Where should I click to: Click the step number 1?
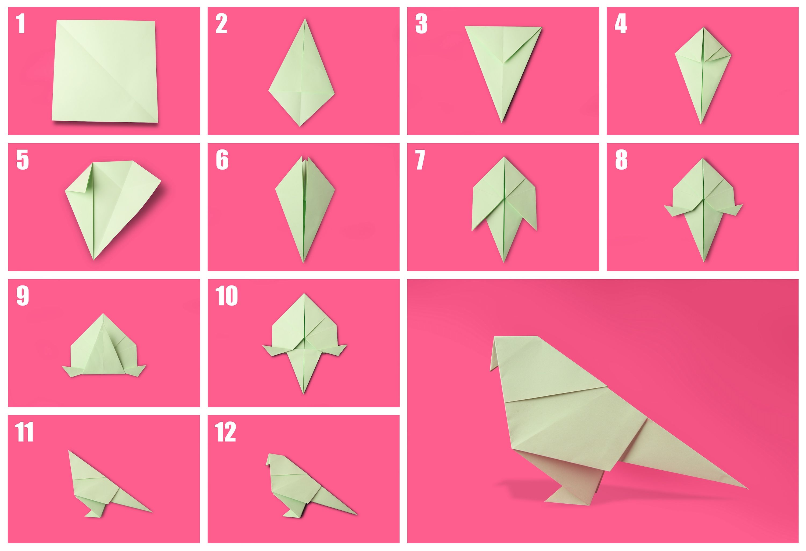[21, 24]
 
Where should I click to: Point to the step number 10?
[226, 296]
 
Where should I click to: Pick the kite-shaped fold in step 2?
[302, 73]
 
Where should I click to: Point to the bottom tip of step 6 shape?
[303, 261]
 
